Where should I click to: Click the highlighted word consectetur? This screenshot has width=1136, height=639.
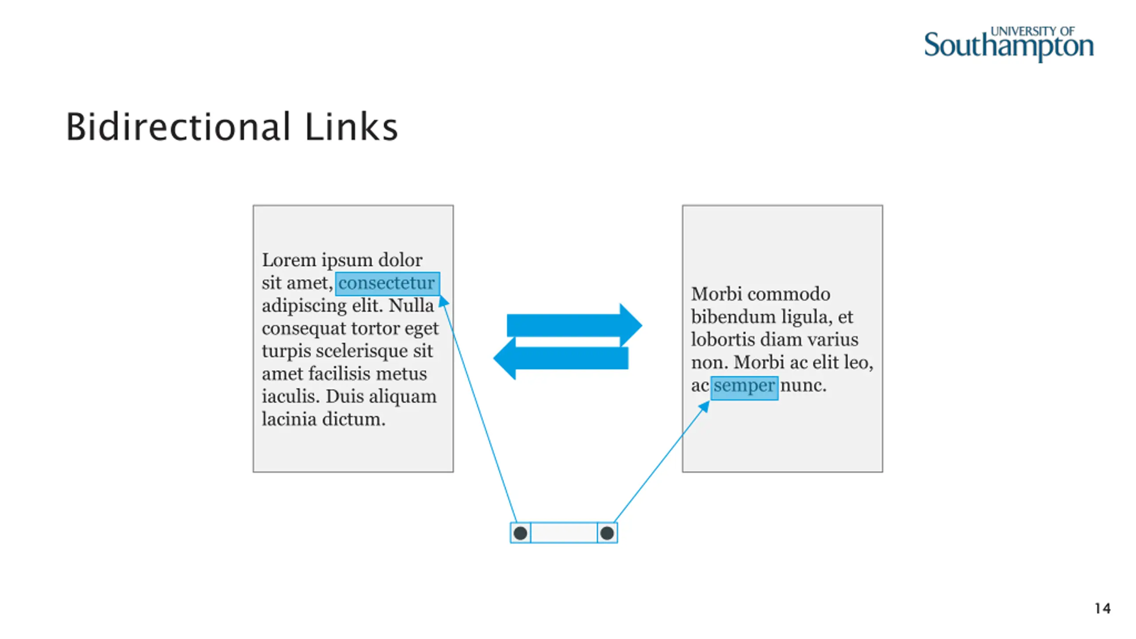tap(387, 283)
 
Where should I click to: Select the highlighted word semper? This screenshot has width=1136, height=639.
tap(744, 386)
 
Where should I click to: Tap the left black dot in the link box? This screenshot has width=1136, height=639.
tap(521, 533)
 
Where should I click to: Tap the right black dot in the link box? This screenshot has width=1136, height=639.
tap(607, 533)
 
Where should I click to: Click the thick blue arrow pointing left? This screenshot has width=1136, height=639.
tap(561, 358)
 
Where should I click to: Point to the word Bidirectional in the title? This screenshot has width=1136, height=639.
tap(178, 127)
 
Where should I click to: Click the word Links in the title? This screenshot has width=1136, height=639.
tap(351, 127)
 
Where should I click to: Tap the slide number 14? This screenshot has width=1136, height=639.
tap(1102, 608)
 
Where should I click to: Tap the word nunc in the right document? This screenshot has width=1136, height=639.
tap(803, 386)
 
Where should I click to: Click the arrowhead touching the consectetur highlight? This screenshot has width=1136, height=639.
tap(443, 302)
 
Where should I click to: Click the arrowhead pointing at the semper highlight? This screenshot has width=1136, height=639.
tap(704, 406)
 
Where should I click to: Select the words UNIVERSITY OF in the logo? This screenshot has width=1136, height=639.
tap(1032, 32)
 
